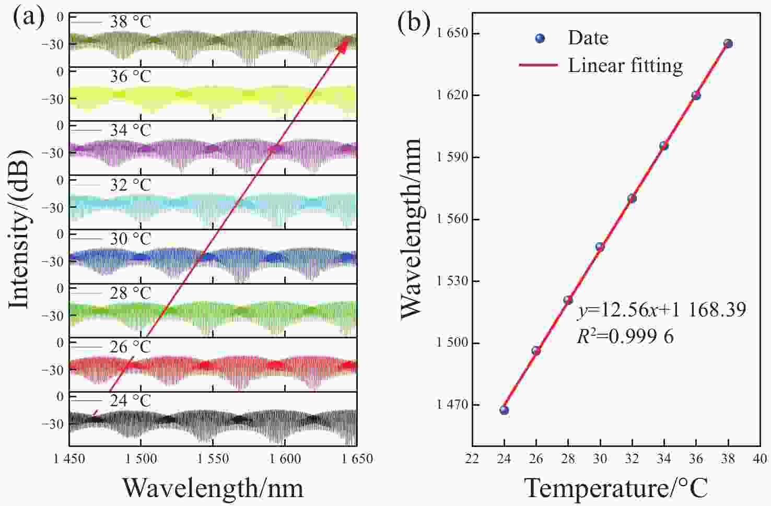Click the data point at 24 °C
coord(504,410)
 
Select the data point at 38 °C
coord(728,44)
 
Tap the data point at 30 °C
coord(600,246)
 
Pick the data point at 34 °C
coord(664,146)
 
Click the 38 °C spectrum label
coord(131,22)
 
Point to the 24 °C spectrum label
coord(131,401)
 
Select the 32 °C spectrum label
coord(131,185)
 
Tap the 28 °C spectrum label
coord(131,293)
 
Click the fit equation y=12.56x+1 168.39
coord(661,310)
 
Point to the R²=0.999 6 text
coord(625,337)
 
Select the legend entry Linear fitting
coord(625,65)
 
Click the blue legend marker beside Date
coord(541,38)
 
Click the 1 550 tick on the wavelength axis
coord(213,459)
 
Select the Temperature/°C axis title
coord(616,488)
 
